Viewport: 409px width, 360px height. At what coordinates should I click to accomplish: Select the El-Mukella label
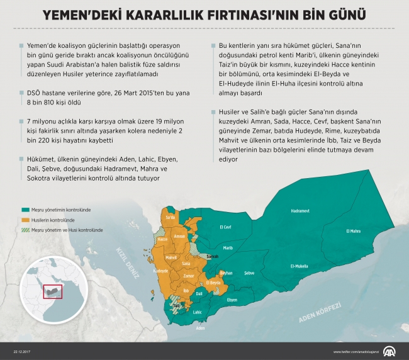pos(300,266)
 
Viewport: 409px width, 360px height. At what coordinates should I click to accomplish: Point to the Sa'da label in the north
pos(170,218)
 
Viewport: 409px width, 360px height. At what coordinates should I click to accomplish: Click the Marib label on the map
pos(228,248)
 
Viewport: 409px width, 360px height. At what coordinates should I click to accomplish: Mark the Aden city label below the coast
pos(200,328)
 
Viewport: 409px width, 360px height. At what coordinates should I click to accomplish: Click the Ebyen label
pos(232,300)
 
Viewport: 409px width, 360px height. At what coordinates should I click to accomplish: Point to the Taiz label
pos(176,307)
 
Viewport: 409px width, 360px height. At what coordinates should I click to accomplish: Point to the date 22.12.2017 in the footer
pos(23,352)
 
